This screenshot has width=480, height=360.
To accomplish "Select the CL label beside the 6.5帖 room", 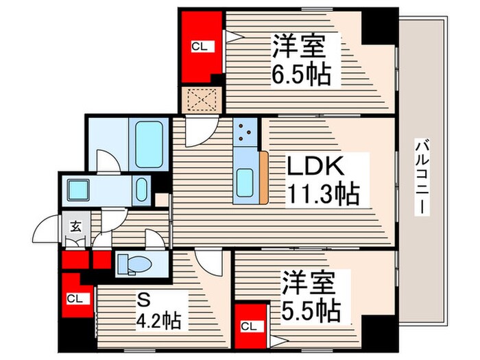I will pos(198,47).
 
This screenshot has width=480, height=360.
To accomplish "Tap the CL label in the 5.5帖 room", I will pos(250,325).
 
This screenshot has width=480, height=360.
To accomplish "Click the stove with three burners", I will pos(245,132).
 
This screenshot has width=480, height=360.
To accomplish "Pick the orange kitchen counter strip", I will pos(263,178).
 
